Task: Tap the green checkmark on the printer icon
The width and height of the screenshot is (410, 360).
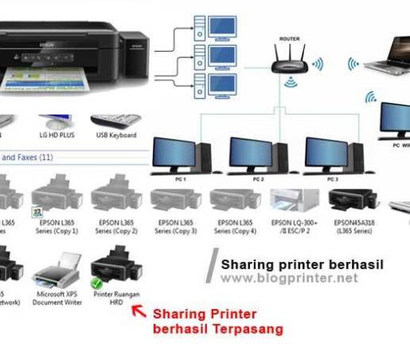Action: pyautogui.click(x=97, y=284)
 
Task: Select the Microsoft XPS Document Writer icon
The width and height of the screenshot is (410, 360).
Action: pyautogui.click(x=57, y=272)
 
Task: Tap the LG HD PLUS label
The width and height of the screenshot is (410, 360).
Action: pyautogui.click(x=56, y=135)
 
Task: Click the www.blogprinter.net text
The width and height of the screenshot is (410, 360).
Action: pyautogui.click(x=289, y=278)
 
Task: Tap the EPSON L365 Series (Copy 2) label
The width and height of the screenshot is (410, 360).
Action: pyautogui.click(x=114, y=226)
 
